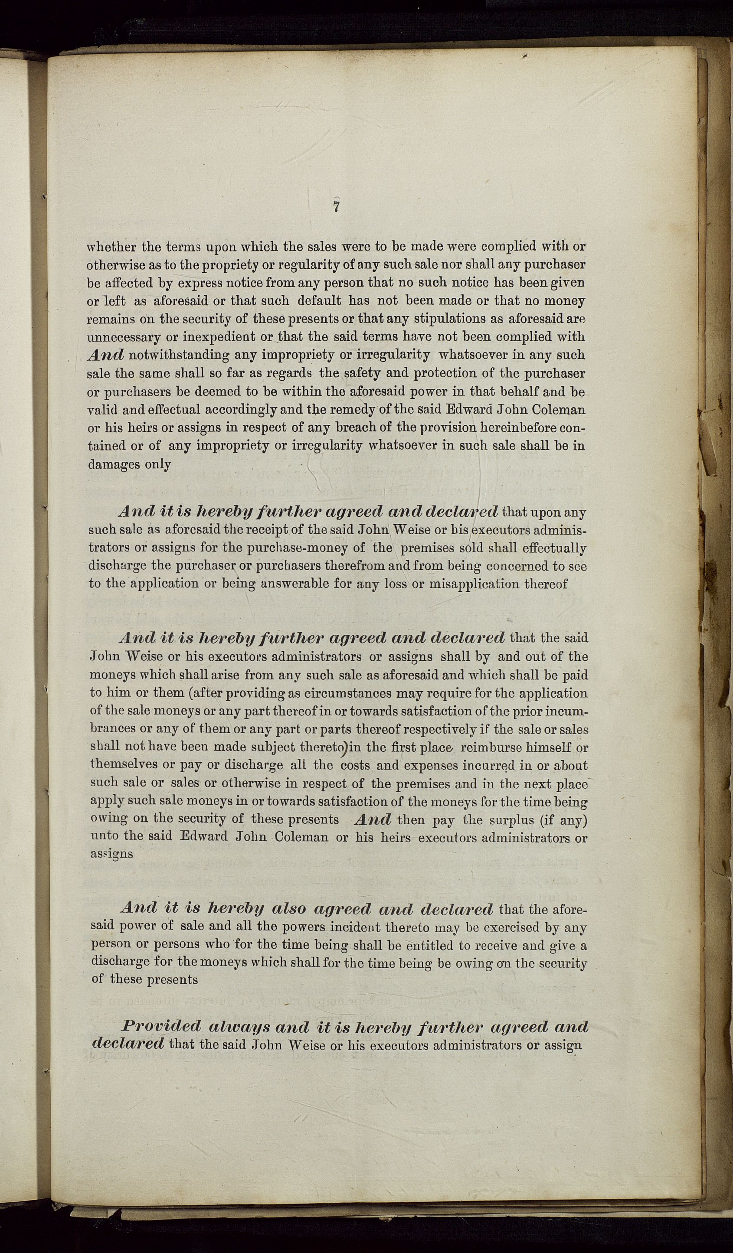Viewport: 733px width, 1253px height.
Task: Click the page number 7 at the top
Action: click(x=337, y=207)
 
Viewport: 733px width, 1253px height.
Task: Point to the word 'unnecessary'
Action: click(x=124, y=337)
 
